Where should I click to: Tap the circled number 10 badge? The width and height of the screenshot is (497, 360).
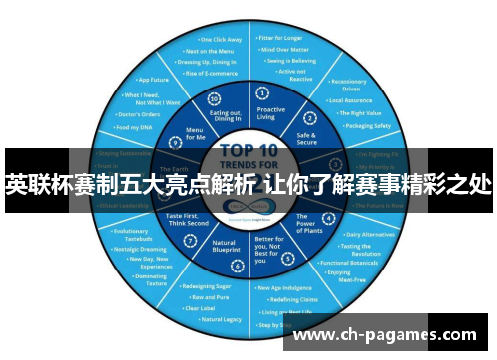(213, 99)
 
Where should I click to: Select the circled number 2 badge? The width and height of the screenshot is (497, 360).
(311, 118)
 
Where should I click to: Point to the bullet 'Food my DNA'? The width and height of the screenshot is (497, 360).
(134, 127)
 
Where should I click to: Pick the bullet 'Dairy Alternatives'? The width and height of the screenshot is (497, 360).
(368, 234)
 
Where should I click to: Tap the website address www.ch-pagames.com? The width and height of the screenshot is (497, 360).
(389, 335)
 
